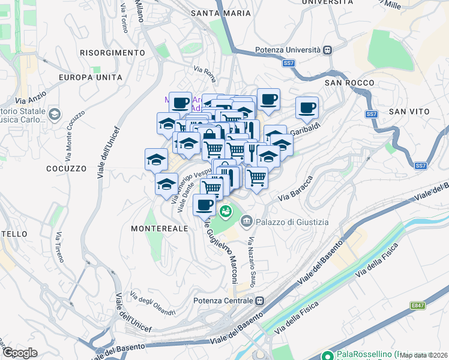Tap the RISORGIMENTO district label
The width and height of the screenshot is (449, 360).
pos(112,53)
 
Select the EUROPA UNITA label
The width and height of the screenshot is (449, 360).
pos(91,77)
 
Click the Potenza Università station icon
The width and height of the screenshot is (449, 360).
pos(327,50)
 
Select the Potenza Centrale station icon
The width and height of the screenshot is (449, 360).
pos(259,301)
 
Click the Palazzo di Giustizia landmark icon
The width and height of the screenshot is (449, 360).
pos(247,223)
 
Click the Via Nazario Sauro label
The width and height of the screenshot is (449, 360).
pos(252,258)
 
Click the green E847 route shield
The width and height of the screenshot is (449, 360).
pos(418,306)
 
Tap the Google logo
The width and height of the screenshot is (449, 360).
pos(19,353)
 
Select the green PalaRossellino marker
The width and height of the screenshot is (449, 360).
pos(327,355)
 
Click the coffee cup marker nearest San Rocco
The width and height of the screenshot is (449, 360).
pos(307,109)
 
